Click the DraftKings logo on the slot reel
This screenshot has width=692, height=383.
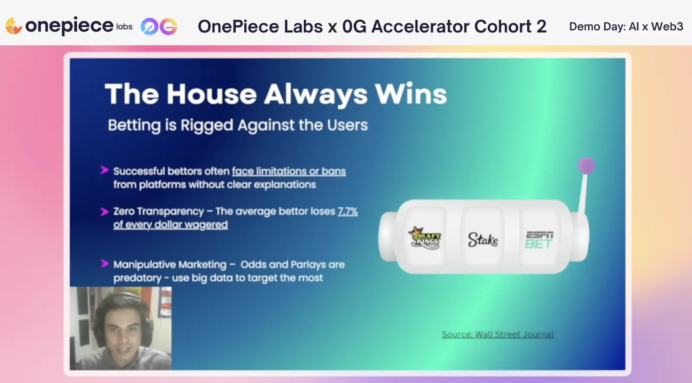click(x=425, y=238)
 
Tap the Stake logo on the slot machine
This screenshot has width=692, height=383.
click(x=483, y=240)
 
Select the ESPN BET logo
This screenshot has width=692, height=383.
click(x=539, y=240)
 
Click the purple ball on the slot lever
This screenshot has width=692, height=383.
click(x=586, y=166)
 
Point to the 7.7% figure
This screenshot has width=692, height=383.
click(x=348, y=212)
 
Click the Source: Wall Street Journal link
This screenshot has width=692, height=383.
click(x=497, y=334)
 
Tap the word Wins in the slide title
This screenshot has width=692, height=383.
click(x=411, y=93)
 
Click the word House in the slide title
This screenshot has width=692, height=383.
click(x=211, y=93)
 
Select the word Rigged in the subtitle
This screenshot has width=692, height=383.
click(x=207, y=126)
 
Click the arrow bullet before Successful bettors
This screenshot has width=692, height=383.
click(x=105, y=170)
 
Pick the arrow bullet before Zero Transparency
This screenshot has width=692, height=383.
click(x=105, y=212)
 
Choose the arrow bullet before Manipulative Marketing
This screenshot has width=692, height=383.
click(x=105, y=264)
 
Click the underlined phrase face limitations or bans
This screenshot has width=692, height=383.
click(x=289, y=171)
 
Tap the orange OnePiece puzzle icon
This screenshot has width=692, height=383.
click(x=13, y=26)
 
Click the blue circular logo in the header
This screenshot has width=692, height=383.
click(x=150, y=26)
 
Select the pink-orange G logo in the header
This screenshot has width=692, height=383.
click(x=168, y=26)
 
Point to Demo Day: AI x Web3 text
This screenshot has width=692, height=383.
click(x=626, y=26)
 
